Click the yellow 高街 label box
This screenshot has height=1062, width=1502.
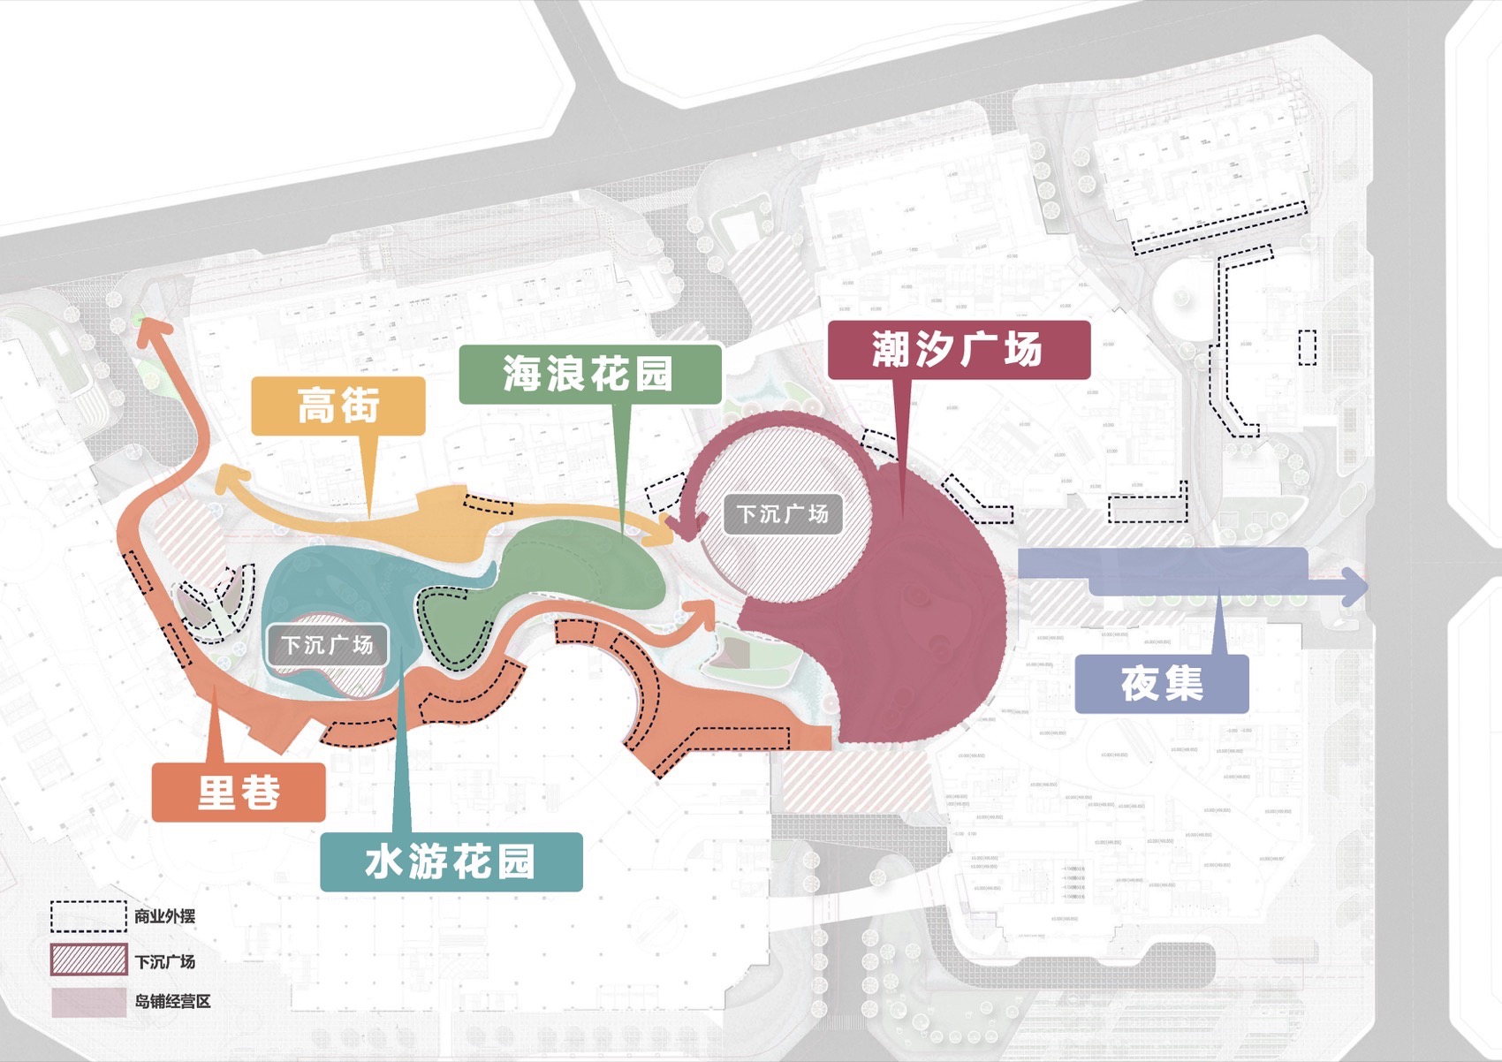338,406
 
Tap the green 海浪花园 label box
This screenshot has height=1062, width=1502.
590,374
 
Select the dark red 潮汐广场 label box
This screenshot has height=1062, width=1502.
959,350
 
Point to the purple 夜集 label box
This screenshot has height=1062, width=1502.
1162,684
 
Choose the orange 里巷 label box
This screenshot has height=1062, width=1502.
239,792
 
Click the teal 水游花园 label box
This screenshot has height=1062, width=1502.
451,861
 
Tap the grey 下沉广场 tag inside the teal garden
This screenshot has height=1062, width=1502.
327,645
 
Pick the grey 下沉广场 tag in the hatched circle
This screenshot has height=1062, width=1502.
783,513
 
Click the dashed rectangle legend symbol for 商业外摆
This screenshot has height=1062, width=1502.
88,916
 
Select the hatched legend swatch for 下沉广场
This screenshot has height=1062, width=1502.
88,960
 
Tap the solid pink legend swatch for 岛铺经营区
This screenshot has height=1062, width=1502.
88,1002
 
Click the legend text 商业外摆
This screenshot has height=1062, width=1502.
165,916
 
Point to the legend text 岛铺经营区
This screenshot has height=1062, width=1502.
173,1002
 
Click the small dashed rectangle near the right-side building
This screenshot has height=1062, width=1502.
1308,346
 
